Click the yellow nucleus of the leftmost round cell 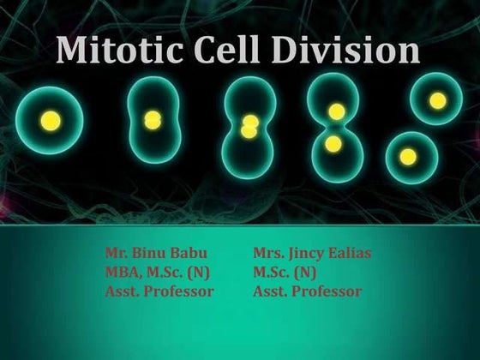51,118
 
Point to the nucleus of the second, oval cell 153,119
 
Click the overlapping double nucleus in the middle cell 249,127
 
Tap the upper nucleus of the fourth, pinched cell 337,111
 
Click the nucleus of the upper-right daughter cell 438,101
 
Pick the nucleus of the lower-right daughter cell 409,156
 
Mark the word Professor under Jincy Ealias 328,291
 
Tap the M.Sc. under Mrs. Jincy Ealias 271,273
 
